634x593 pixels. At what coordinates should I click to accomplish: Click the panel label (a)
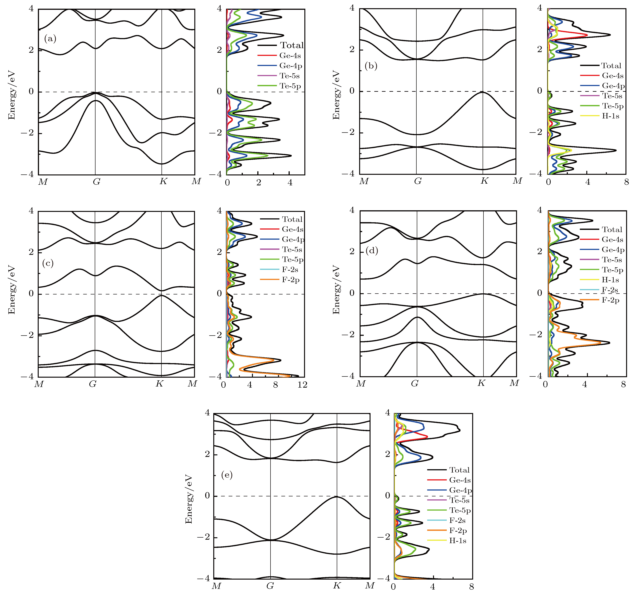50,39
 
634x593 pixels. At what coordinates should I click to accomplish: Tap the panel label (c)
48,263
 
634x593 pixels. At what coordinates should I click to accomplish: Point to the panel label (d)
371,251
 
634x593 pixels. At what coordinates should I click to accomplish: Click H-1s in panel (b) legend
610,116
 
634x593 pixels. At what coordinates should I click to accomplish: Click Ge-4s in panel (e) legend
460,480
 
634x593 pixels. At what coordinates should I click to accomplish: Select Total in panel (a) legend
291,45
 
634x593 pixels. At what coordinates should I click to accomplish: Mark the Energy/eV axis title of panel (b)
336,95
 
